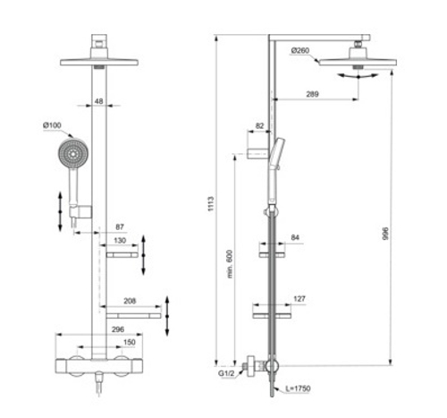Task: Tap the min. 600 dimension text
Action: pos(230,263)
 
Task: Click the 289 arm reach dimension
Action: pos(312,95)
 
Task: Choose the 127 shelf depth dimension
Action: pos(299,299)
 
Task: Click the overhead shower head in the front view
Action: pos(98,62)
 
